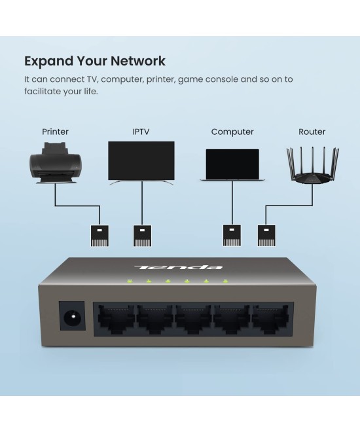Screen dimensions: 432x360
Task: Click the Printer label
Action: [55, 132]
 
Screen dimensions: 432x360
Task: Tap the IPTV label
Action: [141, 132]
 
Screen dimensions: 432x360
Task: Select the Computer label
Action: [232, 132]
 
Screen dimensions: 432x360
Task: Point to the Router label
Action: [312, 132]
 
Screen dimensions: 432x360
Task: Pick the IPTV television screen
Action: [141, 161]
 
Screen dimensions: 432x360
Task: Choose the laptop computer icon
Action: [232, 165]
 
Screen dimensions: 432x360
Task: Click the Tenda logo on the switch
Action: [178, 267]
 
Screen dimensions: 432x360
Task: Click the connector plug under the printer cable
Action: [99, 236]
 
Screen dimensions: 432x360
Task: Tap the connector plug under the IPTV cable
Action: [143, 236]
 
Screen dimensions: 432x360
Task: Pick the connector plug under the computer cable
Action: [232, 236]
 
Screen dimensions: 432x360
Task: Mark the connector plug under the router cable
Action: [266, 236]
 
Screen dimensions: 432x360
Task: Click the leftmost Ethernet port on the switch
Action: [116, 320]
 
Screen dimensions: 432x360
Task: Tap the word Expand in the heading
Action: [45, 62]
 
